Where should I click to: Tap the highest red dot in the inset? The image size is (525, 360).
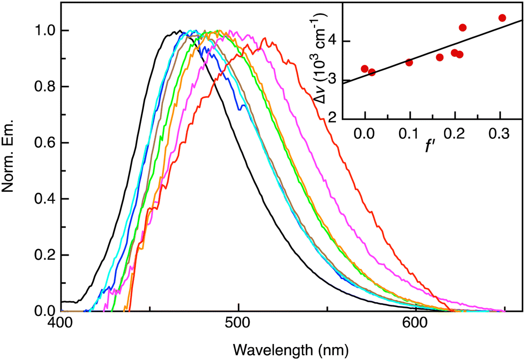tap(502, 18)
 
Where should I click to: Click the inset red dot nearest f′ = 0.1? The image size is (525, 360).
tap(409, 62)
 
